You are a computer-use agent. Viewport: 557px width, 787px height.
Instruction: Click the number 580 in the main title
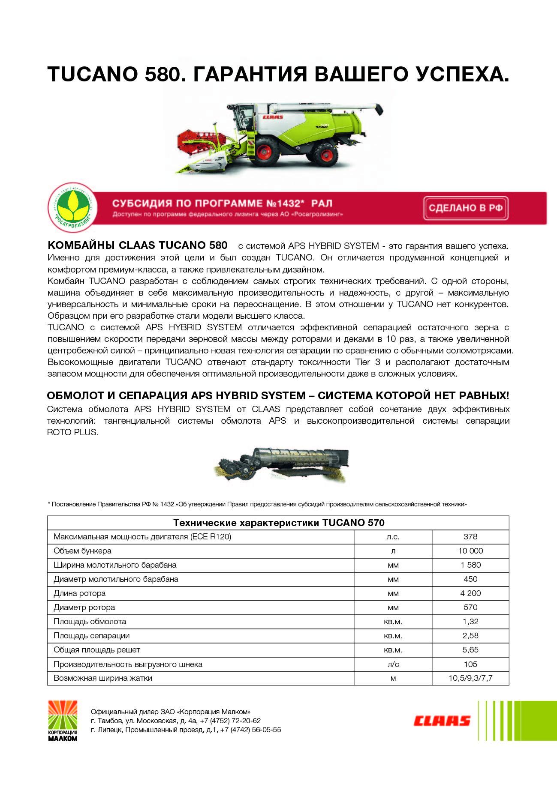point(161,75)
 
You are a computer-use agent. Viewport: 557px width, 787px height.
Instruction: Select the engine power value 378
point(470,536)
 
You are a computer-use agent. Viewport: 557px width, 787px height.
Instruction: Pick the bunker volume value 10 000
point(470,551)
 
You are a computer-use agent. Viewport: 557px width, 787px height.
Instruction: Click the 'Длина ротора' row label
point(79,593)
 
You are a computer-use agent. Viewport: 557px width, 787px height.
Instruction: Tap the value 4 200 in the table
point(470,593)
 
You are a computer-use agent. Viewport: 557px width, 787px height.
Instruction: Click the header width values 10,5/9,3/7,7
point(470,679)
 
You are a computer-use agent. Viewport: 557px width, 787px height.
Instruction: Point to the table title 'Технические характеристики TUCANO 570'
point(278,523)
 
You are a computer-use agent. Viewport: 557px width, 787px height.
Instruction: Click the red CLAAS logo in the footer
point(442,721)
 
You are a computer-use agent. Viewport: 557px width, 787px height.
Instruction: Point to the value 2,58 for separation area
point(470,636)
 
